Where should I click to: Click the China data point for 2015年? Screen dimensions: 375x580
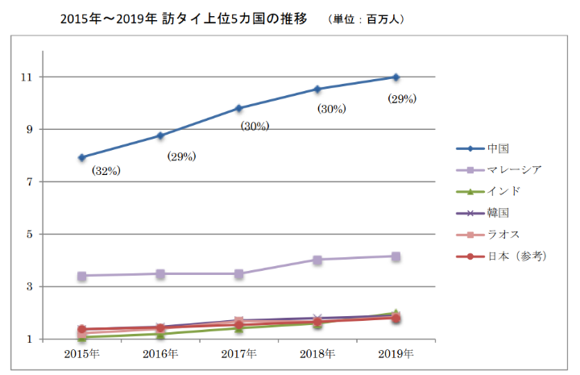click(x=82, y=157)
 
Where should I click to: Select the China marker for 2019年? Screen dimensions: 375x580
click(x=396, y=77)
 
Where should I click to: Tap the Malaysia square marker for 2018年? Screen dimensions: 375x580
click(x=317, y=260)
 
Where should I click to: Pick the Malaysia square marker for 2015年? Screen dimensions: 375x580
click(x=82, y=276)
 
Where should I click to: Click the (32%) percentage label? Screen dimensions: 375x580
click(x=105, y=171)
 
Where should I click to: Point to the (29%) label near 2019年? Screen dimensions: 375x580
click(x=400, y=99)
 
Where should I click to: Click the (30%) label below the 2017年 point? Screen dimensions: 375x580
click(x=255, y=126)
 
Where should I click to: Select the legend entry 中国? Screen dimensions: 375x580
click(x=499, y=148)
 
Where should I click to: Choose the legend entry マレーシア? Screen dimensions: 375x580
click(x=514, y=169)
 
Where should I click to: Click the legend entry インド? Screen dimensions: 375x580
click(x=503, y=191)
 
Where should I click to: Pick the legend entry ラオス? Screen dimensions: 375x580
click(x=503, y=234)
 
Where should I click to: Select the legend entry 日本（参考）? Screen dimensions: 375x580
click(x=517, y=256)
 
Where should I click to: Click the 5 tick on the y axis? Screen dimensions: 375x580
click(x=30, y=235)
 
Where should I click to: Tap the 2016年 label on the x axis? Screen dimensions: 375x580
click(x=160, y=354)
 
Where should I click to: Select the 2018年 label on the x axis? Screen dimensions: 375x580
click(x=317, y=354)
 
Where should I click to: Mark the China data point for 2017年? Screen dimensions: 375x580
click(x=239, y=108)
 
